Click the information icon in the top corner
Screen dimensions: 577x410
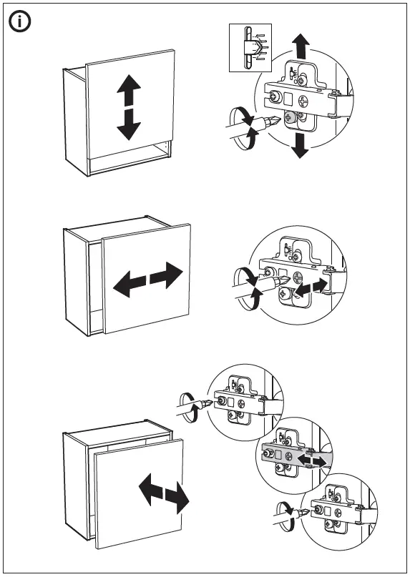[20, 21]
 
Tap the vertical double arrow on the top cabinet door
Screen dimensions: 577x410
[128, 108]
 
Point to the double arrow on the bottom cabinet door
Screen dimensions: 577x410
[164, 494]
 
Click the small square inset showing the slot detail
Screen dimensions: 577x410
[249, 47]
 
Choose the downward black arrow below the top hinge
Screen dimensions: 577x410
[301, 146]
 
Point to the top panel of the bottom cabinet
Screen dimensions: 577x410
[118, 437]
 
